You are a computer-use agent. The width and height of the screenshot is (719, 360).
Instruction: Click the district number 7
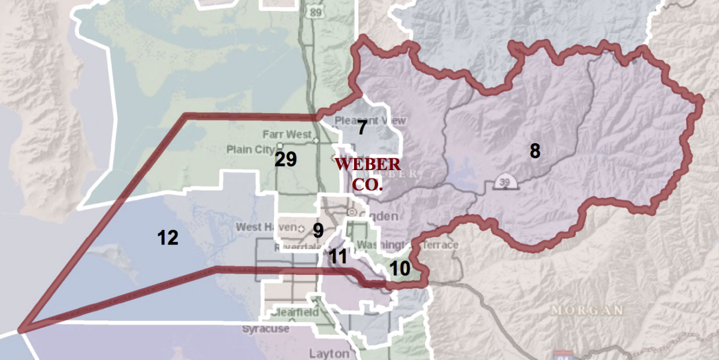click(362, 128)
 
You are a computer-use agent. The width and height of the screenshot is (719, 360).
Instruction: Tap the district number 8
click(534, 151)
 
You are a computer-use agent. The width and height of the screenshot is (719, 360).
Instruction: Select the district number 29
click(286, 159)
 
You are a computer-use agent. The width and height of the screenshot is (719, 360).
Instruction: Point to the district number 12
click(168, 238)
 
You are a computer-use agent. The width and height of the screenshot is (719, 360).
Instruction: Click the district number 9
click(318, 230)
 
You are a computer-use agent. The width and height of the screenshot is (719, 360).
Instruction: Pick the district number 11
click(337, 256)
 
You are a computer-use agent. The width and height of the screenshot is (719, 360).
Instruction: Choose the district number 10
click(400, 269)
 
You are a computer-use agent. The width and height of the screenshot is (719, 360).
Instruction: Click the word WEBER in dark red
click(367, 164)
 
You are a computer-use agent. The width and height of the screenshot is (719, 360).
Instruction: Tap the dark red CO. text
click(367, 184)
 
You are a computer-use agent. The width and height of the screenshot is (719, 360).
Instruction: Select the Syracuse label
click(265, 329)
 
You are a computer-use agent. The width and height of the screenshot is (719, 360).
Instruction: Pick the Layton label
click(328, 352)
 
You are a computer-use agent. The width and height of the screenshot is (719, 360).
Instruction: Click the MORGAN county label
click(587, 310)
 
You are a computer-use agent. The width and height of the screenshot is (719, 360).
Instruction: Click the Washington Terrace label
click(407, 245)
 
